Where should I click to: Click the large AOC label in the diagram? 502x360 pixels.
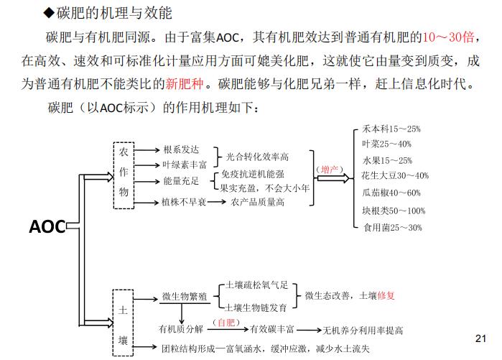click(47, 226)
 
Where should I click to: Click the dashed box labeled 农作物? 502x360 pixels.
click(114, 175)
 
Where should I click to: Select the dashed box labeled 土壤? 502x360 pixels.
click(113, 323)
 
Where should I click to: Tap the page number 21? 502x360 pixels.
click(480, 338)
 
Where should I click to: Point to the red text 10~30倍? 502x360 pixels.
click(448, 37)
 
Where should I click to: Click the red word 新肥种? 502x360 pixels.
click(185, 84)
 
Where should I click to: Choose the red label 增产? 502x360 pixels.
click(330, 169)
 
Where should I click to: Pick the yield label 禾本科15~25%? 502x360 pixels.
click(391, 129)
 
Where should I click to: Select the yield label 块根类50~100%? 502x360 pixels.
click(394, 211)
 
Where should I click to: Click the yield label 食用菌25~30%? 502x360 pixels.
click(393, 227)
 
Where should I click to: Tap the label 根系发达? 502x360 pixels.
click(181, 149)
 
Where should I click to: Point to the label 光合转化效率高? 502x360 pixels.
click(257, 157)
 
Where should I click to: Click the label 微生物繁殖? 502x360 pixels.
click(185, 296)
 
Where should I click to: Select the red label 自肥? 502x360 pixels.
click(226, 322)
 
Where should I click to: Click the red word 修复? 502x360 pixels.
click(386, 295)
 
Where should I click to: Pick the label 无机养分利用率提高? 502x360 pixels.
click(363, 331)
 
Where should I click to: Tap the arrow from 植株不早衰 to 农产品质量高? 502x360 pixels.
click(216, 202)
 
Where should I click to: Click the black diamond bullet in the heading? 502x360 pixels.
click(49, 13)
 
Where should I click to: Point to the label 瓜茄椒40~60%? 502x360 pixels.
click(391, 193)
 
